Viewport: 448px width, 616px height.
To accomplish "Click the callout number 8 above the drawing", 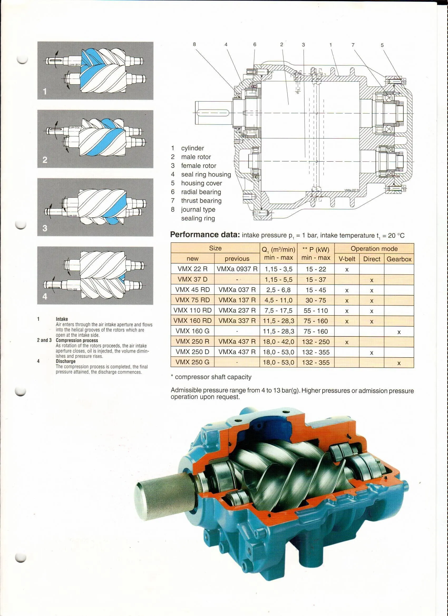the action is coord(194,44).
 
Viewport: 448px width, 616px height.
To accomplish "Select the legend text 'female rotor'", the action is coord(199,166).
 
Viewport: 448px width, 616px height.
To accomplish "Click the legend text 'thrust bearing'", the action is coord(201,201).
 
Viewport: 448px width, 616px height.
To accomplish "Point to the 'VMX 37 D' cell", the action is coord(192,279).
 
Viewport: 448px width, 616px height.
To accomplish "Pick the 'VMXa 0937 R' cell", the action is coord(237,269).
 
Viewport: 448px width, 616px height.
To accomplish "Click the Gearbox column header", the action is coord(399,259).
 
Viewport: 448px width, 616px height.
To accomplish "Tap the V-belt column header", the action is coord(347,259).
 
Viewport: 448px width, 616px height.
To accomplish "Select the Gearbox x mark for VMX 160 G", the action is coord(399,332).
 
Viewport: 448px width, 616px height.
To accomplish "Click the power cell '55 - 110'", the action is coord(316,310).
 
